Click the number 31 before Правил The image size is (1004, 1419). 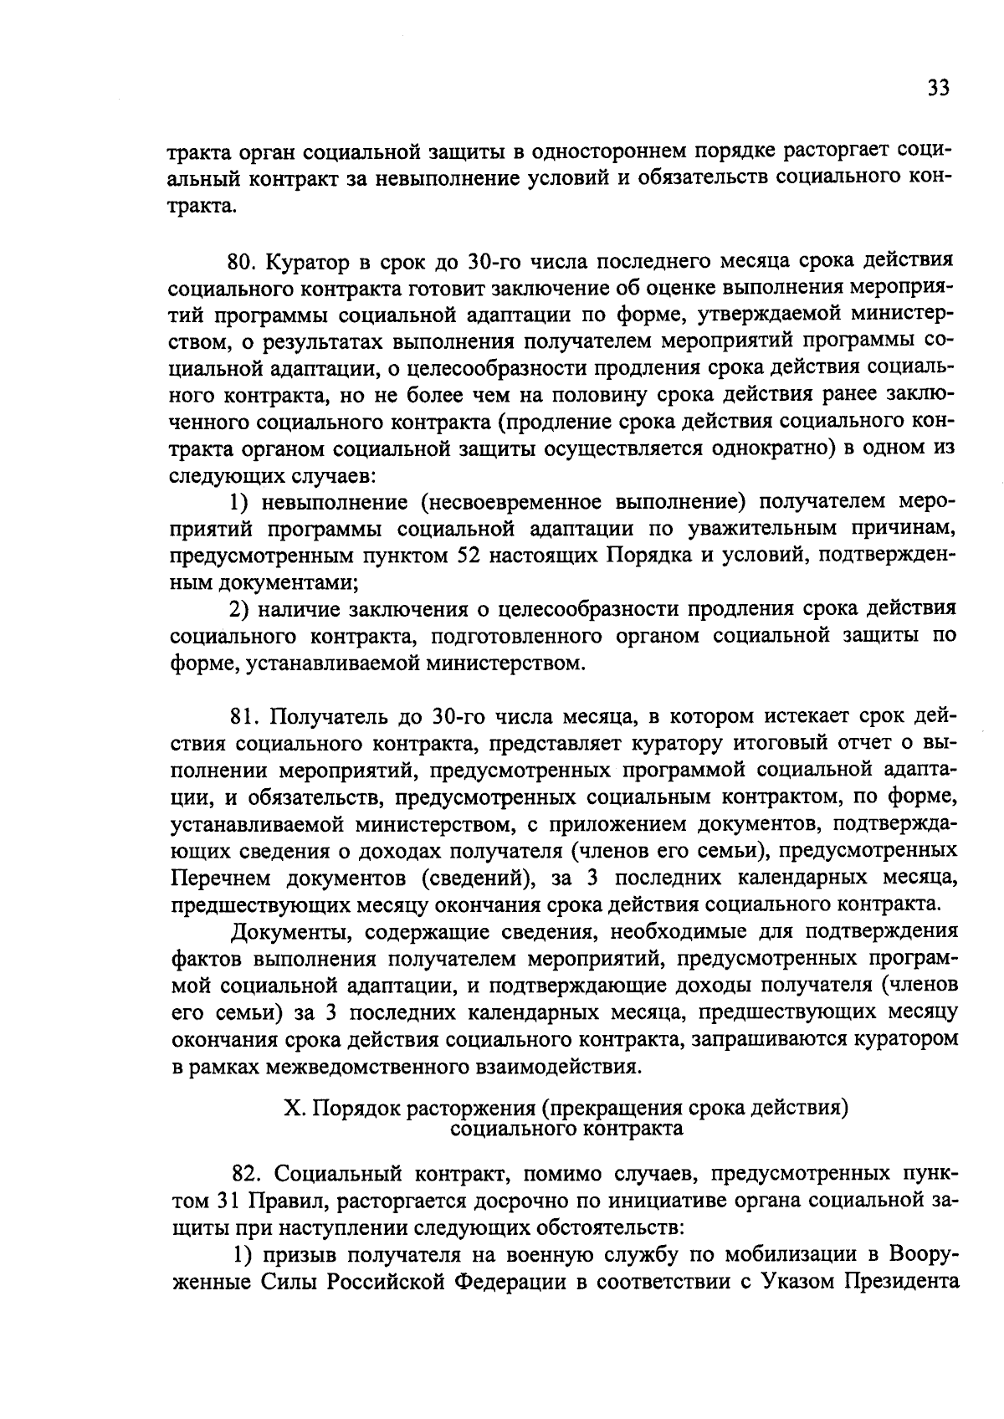229,1201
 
